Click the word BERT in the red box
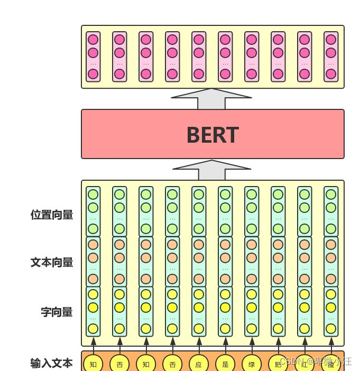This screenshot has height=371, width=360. click(x=213, y=135)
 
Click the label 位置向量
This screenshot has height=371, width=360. click(x=52, y=215)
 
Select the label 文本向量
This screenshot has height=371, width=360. click(x=52, y=262)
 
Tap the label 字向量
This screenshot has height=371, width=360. click(x=57, y=312)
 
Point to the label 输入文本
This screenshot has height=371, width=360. click(x=52, y=363)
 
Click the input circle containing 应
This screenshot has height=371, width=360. click(x=199, y=364)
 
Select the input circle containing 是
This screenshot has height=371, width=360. click(x=225, y=364)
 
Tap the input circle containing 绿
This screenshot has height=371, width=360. click(x=252, y=364)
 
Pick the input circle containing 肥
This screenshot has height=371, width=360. click(x=278, y=364)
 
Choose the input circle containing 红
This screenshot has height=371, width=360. click(x=304, y=364)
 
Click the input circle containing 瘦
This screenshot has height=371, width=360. click(x=331, y=364)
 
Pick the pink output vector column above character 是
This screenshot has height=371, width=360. click(x=225, y=57)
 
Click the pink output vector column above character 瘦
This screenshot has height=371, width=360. click(x=331, y=57)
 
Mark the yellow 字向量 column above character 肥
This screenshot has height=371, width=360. click(x=278, y=311)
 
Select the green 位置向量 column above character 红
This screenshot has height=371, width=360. click(x=304, y=211)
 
